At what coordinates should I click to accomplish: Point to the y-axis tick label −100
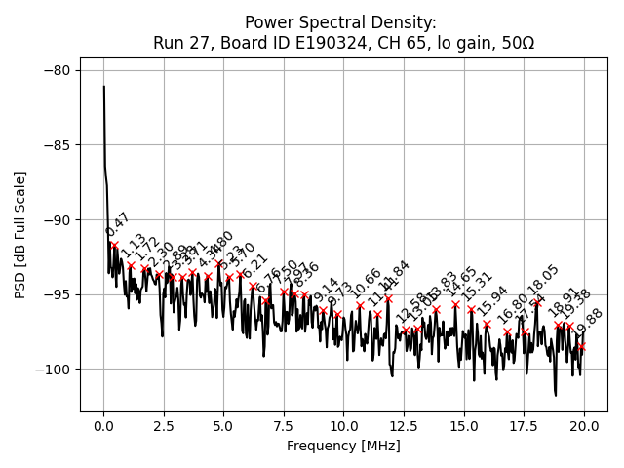(x=54, y=369)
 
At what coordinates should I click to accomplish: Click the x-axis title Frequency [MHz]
(x=343, y=447)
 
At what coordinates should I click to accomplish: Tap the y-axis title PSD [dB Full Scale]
(x=20, y=234)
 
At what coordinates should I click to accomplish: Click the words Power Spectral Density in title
(x=340, y=22)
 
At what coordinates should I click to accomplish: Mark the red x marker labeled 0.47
(x=115, y=245)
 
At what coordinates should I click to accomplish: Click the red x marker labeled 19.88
(x=581, y=346)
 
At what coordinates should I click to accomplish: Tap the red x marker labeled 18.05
(x=537, y=302)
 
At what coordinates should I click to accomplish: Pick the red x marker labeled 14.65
(x=455, y=304)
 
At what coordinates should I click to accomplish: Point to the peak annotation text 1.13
(x=134, y=247)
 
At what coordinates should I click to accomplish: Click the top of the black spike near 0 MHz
(x=104, y=86)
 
